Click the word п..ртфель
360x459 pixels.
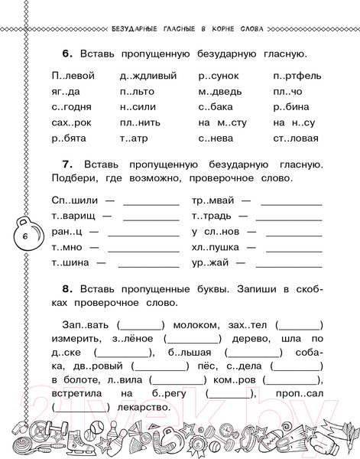[x=297, y=76]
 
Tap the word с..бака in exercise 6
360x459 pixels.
[x=217, y=107]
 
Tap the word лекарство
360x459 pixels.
[x=135, y=407]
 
